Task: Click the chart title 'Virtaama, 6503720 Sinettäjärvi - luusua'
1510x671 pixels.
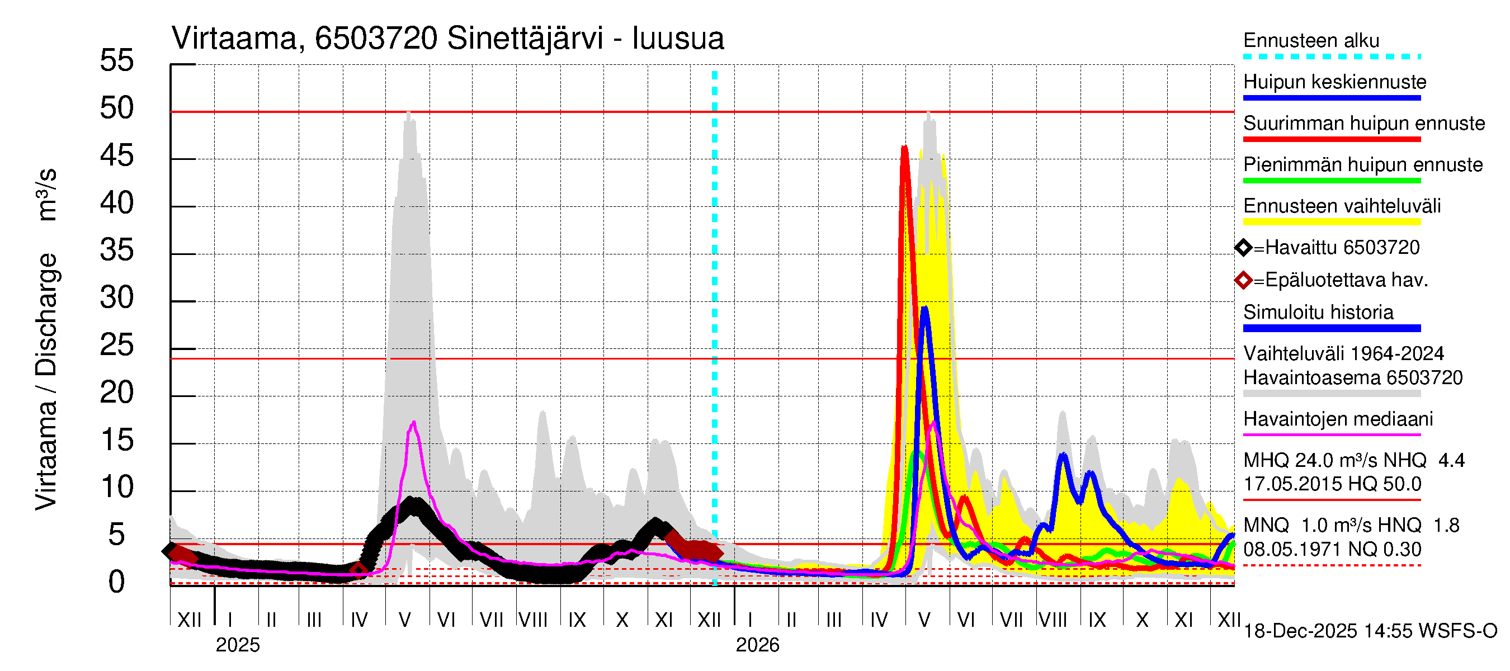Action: (x=447, y=39)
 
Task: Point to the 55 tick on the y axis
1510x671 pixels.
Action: (x=117, y=61)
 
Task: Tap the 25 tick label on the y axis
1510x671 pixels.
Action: (x=117, y=346)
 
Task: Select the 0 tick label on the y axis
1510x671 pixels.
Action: (x=117, y=583)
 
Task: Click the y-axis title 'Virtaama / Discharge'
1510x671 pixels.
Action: (x=46, y=381)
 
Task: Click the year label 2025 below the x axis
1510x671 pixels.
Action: (x=237, y=645)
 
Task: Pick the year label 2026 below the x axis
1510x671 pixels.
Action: (x=757, y=645)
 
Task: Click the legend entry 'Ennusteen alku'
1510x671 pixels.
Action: (x=1311, y=41)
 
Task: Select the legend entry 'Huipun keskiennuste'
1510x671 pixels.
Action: (x=1335, y=82)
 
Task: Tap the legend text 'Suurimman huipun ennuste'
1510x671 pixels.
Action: (x=1363, y=124)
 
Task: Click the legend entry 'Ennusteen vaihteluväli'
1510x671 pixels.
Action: (x=1342, y=206)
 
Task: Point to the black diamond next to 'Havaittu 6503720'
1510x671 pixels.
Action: (x=1243, y=248)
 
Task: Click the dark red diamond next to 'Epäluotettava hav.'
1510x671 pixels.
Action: (x=1243, y=281)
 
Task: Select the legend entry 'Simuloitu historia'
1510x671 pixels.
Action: (x=1318, y=313)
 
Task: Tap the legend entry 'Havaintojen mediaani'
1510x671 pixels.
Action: (x=1338, y=419)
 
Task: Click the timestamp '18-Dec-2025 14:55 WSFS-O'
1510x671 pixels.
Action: (x=1370, y=631)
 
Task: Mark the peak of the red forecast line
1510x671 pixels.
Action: (x=904, y=148)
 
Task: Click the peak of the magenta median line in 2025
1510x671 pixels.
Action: (x=414, y=422)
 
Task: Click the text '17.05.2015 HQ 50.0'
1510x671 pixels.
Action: (x=1332, y=485)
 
